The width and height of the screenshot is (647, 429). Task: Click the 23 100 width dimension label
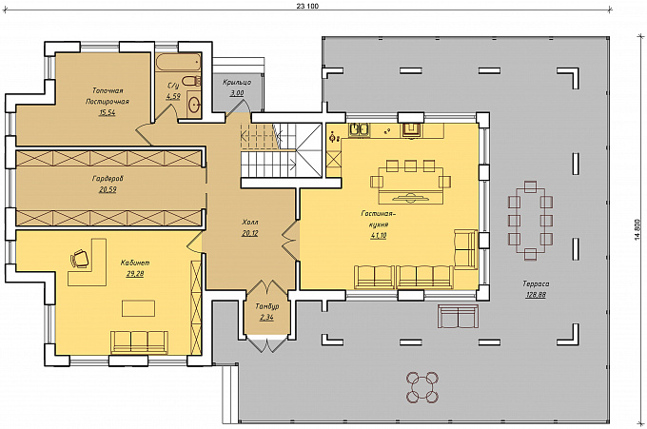pos(308,6)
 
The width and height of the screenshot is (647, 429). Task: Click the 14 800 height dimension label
pos(637,229)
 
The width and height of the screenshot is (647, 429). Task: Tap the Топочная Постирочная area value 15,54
pos(107,112)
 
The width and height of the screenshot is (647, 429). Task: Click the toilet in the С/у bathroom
pos(191,81)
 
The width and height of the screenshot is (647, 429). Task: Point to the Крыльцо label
pos(237,82)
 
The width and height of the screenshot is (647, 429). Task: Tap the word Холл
pos(250,223)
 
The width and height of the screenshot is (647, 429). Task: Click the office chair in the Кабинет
pos(80,258)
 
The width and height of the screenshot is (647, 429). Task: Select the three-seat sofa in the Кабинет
pos(139,341)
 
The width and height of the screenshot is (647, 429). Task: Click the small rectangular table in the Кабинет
pos(138,308)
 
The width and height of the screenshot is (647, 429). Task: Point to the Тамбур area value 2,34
pos(267,317)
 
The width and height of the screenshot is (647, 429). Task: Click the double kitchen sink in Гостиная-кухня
pos(360,130)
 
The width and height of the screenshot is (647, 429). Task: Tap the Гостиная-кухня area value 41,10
pos(379,236)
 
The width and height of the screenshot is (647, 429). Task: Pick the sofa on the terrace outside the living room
pos(458,317)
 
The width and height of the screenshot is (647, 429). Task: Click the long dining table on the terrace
pos(530,221)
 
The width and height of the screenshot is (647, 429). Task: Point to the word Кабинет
pos(135,263)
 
